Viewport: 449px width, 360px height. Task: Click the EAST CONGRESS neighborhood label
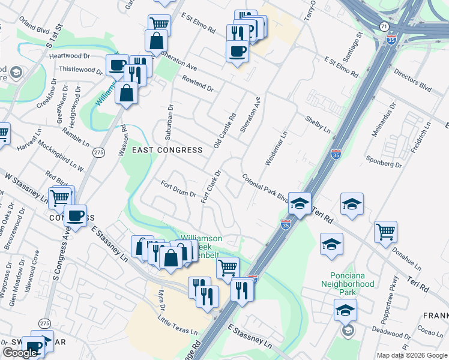pyautogui.click(x=158, y=150)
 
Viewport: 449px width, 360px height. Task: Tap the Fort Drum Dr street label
pyautogui.click(x=178, y=189)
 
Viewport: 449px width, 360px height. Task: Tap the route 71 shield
pyautogui.click(x=384, y=26)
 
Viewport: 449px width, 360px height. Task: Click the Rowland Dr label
pyautogui.click(x=197, y=84)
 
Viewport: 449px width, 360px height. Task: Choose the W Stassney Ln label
pyautogui.click(x=26, y=187)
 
